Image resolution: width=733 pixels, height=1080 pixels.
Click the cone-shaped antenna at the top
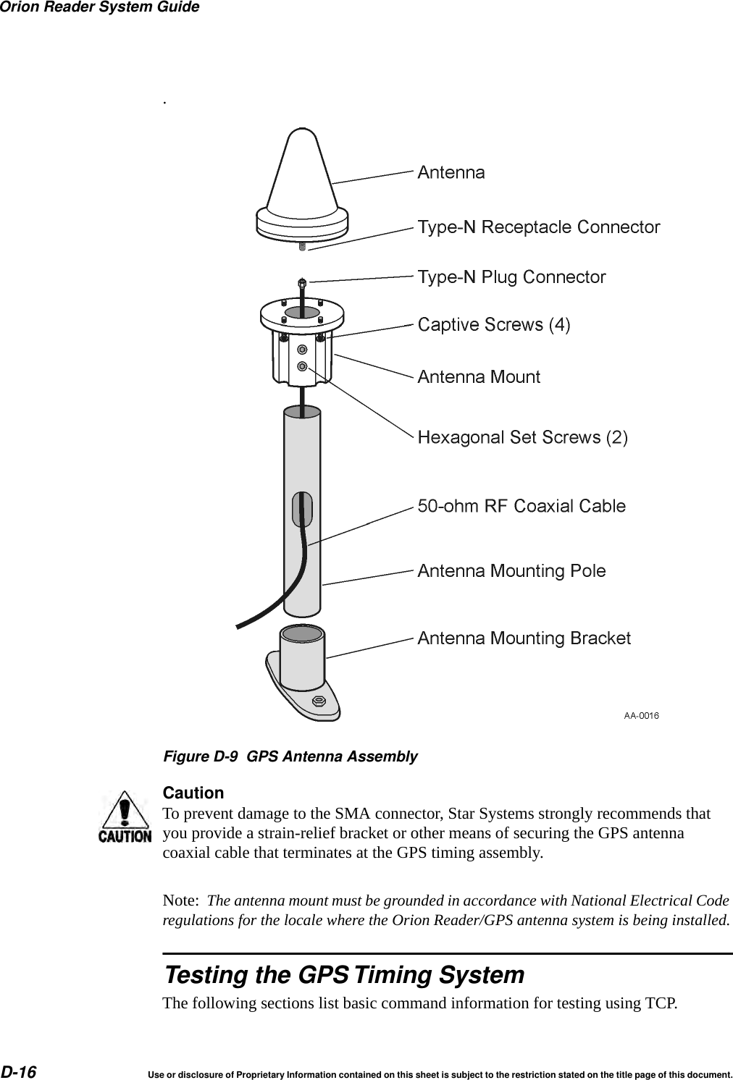(302, 181)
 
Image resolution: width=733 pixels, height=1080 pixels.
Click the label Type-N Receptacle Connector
(538, 227)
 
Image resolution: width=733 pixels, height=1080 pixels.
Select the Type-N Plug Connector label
(511, 277)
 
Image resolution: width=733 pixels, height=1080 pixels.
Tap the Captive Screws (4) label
(494, 325)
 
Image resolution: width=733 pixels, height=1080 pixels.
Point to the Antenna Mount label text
(479, 377)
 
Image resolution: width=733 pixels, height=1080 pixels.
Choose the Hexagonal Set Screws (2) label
(522, 437)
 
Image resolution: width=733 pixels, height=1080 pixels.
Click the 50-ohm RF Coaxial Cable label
(522, 506)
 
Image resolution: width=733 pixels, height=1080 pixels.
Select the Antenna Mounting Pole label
(511, 571)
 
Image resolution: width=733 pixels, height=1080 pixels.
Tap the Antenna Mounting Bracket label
(524, 638)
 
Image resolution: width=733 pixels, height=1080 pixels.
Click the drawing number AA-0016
(641, 716)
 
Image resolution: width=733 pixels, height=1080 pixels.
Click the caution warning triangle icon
(125, 817)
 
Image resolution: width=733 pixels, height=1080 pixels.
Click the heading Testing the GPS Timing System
(344, 975)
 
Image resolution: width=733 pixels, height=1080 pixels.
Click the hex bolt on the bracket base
(317, 701)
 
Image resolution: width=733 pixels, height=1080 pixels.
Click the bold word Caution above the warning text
(193, 793)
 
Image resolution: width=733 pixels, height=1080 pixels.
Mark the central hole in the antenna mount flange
(301, 313)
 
